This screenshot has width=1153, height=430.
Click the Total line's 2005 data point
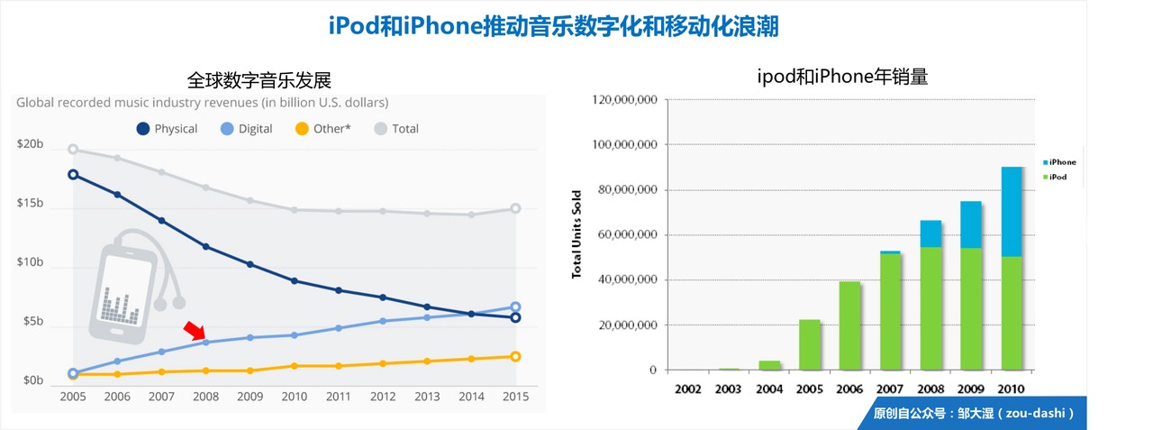coord(73,150)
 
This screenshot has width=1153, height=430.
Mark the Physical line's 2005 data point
coord(73,174)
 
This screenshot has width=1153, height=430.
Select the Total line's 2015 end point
coord(515,208)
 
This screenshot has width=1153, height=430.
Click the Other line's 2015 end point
coord(515,356)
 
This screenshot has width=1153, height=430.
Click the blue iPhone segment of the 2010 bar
coord(1012,212)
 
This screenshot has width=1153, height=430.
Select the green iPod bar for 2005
coord(809,344)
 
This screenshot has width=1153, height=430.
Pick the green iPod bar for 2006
coord(849,325)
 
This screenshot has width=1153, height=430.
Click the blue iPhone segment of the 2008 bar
coord(931,233)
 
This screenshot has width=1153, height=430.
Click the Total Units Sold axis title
coord(576,234)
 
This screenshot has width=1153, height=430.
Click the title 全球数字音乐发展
coord(253,79)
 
